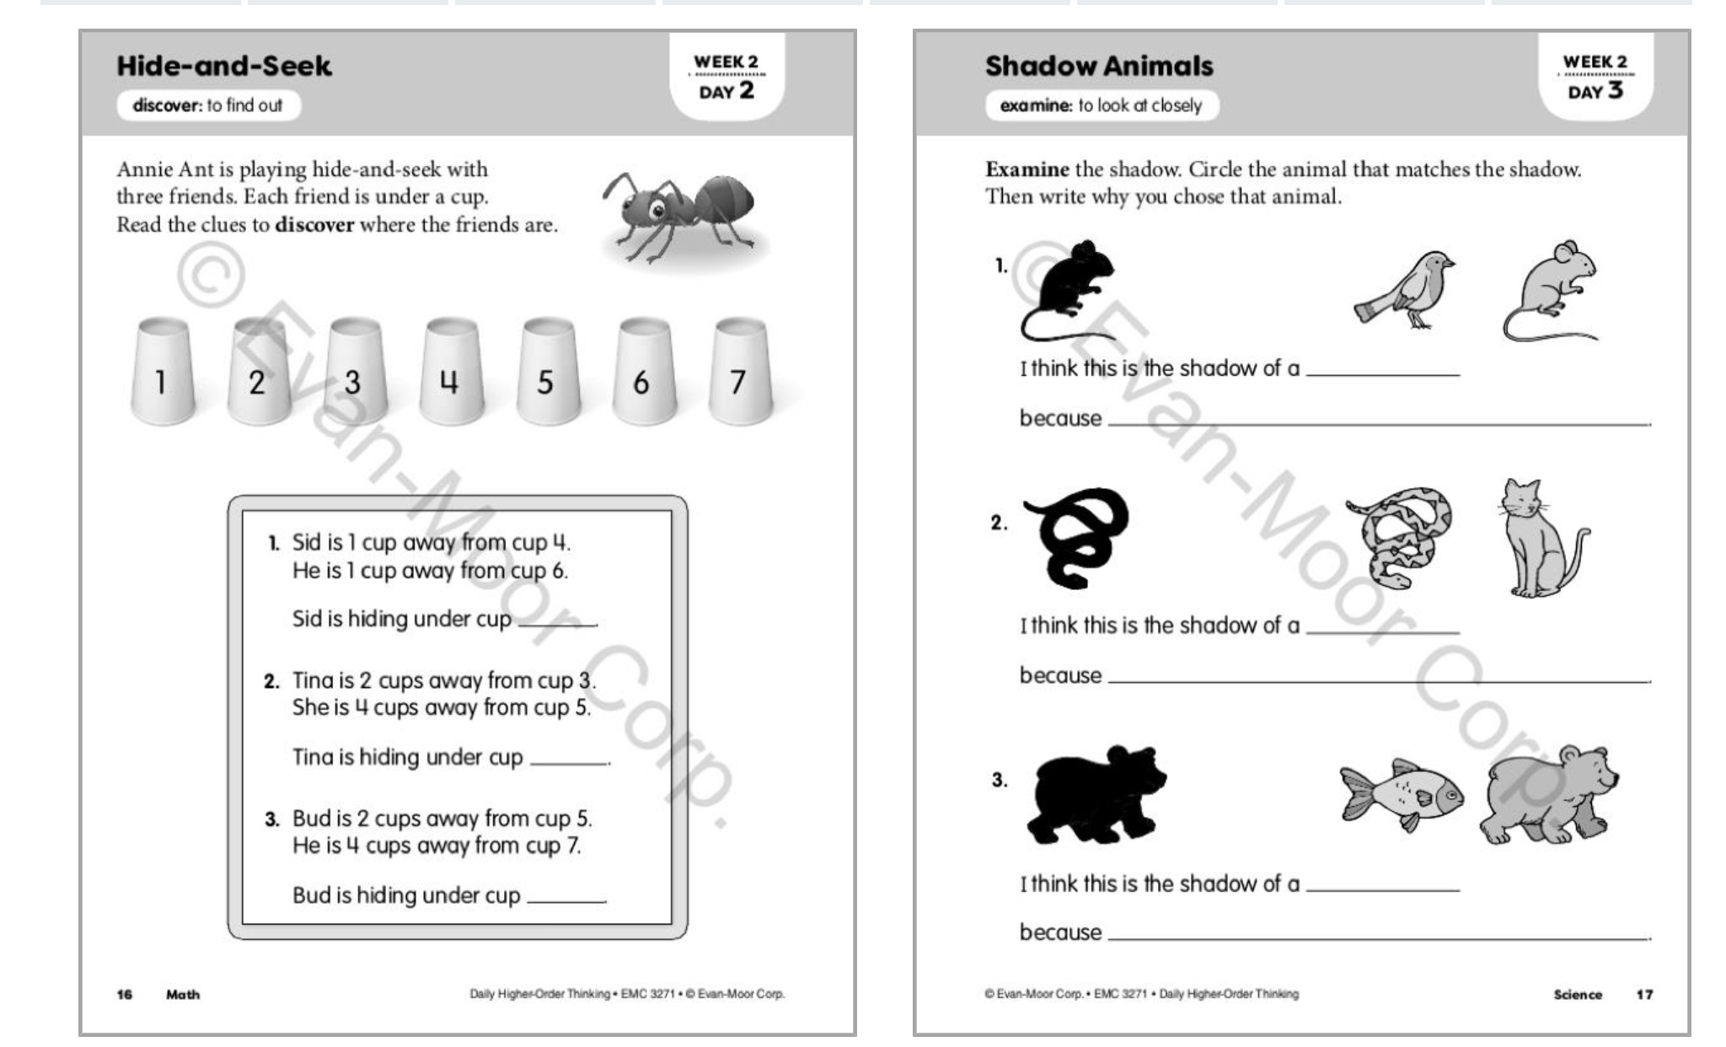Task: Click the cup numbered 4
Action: pos(451,372)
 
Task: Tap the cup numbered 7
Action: pos(739,372)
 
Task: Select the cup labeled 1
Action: pos(162,372)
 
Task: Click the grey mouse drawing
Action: pos(1552,291)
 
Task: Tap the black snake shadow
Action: pos(1076,536)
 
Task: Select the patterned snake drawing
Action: pos(1400,537)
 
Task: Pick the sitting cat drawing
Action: pos(1537,539)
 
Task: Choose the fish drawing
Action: pos(1401,796)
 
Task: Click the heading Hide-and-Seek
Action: pos(224,66)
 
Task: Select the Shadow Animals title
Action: pos(1099,66)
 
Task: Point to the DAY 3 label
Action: pos(1595,91)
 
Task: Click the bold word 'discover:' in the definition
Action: pos(168,105)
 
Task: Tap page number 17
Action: pos(1644,995)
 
